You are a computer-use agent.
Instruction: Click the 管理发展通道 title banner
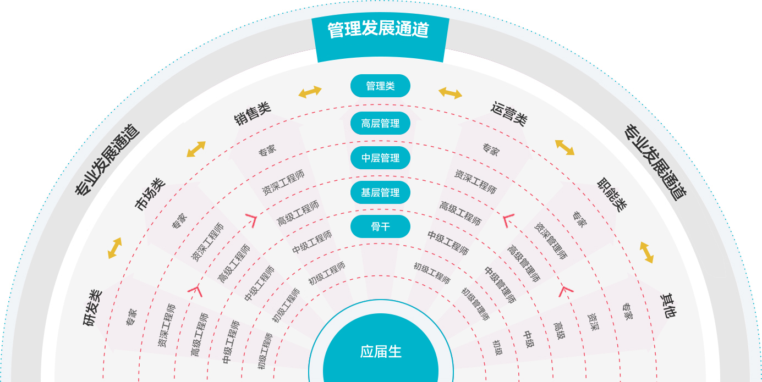[x=380, y=30]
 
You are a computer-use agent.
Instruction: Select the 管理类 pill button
[x=380, y=86]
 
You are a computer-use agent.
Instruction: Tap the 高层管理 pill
[x=380, y=124]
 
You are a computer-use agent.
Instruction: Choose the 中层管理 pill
[x=380, y=158]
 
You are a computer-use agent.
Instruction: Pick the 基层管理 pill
[x=380, y=193]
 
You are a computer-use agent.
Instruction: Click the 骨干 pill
[x=380, y=227]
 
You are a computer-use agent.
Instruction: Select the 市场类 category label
[x=150, y=194]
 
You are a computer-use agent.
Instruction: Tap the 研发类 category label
[x=93, y=308]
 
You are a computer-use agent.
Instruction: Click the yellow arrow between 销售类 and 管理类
[x=310, y=92]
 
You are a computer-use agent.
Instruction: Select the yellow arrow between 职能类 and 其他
[x=646, y=252]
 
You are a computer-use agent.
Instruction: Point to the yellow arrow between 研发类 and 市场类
[x=115, y=248]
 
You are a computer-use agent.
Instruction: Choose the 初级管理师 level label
[x=475, y=304]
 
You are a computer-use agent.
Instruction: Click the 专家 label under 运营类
[x=490, y=149]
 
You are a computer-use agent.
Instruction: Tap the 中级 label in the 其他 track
[x=528, y=339]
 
